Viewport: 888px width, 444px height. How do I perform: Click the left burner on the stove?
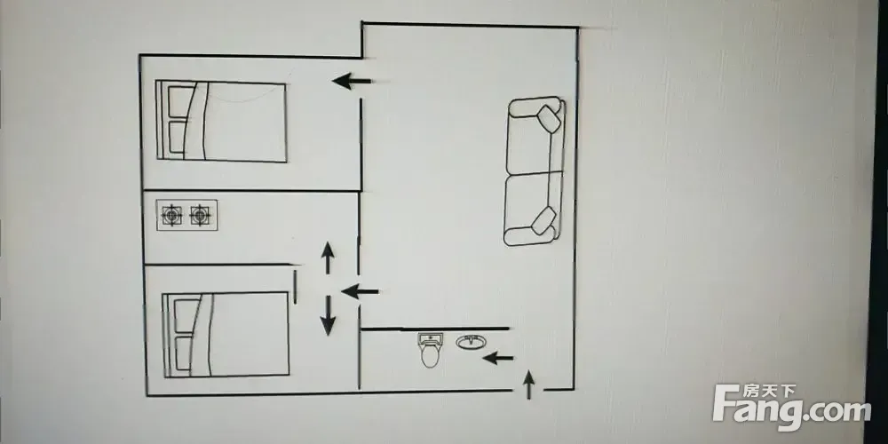171,215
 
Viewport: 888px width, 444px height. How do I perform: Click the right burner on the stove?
200,215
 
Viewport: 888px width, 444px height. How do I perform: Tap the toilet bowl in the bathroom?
430,356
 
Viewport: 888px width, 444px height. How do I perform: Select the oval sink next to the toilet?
471,342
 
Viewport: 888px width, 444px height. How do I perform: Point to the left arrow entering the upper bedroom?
352,81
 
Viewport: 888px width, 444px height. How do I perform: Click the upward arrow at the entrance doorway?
528,385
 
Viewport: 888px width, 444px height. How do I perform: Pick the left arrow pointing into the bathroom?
498,358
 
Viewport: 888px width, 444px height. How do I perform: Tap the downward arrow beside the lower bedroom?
328,315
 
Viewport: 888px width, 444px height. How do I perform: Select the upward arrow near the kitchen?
328,258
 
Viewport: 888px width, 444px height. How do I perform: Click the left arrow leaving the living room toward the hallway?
361,291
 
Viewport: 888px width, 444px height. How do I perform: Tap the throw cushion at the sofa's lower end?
544,221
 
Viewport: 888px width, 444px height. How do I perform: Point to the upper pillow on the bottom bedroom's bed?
187,315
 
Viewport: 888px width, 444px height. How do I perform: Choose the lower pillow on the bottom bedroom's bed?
185,353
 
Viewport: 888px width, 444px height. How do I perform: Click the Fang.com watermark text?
792,408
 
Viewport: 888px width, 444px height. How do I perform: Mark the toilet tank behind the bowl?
430,340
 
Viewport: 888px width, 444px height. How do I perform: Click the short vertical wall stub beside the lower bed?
295,287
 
